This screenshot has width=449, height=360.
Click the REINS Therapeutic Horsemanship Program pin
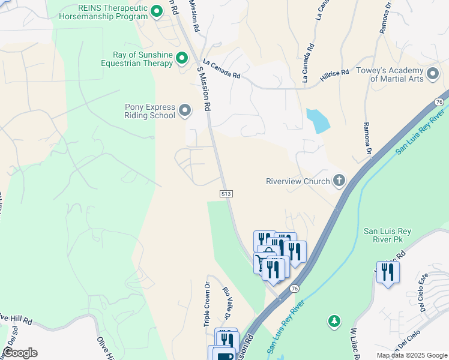coord(156,11)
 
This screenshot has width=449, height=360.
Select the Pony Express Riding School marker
coord(185,110)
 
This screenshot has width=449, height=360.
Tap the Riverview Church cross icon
coord(339,181)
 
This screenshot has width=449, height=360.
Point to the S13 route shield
coord(226,194)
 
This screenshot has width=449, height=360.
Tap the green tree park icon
coord(335,322)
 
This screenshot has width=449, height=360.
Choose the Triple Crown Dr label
coord(206,304)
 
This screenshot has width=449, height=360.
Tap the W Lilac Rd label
coord(354,342)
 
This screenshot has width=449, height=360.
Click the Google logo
coord(19,353)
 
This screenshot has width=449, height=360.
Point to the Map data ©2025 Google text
coord(412,355)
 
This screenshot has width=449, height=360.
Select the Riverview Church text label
coord(298,181)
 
